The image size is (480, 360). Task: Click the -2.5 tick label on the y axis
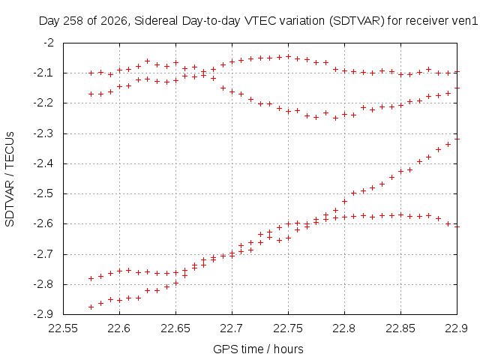(x=43, y=193)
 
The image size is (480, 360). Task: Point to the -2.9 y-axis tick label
(x=43, y=314)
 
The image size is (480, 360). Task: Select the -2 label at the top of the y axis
(x=49, y=42)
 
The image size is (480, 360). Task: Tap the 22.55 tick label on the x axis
(x=63, y=328)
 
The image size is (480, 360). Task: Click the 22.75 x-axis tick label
(x=288, y=328)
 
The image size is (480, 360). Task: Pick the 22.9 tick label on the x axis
(x=457, y=328)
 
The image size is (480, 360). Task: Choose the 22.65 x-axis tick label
(x=175, y=328)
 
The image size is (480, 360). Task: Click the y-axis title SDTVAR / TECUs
(x=10, y=179)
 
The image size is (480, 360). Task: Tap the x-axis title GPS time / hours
(x=258, y=349)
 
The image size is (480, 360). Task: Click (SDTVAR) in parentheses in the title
(x=357, y=21)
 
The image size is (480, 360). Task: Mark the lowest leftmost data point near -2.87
(x=91, y=307)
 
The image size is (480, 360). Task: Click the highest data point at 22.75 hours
(x=288, y=57)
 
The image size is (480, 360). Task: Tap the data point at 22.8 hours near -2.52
(x=344, y=201)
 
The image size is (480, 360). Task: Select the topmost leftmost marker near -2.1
(x=91, y=73)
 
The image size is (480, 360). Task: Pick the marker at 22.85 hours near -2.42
(x=400, y=172)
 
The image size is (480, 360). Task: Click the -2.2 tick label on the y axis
(x=43, y=103)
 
